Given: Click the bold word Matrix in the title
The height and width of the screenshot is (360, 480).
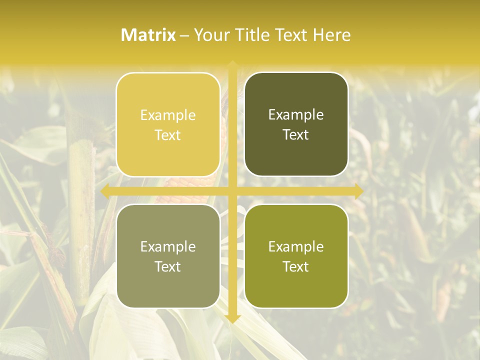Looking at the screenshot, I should (148, 35).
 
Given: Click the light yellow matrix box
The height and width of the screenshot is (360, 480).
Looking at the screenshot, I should (168, 124).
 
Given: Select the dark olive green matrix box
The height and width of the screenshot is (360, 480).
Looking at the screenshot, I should (296, 124).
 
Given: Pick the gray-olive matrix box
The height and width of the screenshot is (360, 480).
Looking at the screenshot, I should (168, 256).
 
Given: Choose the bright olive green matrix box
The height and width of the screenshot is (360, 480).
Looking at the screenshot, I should (296, 256).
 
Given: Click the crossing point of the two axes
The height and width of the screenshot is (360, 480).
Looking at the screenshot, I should (232, 191).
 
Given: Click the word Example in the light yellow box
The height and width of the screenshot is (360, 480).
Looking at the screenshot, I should (168, 115).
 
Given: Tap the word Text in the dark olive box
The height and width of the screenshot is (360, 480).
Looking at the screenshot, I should (296, 135).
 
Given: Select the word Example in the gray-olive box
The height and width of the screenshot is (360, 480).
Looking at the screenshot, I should (168, 247).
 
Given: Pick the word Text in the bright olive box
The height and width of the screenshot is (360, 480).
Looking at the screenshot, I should (296, 267).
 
